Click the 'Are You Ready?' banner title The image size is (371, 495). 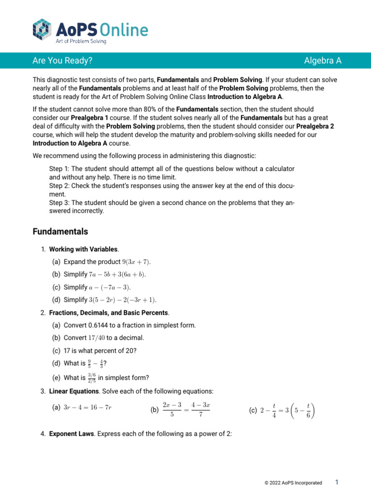click(62, 60)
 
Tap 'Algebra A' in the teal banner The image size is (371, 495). click(323, 60)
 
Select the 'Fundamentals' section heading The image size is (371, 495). click(60, 232)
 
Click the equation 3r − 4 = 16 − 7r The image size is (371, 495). click(88, 408)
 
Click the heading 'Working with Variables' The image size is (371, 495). click(83, 249)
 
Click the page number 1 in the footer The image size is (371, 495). click(337, 482)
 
